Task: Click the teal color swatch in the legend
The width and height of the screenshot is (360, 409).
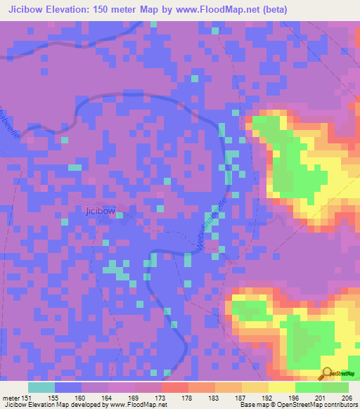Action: coord(41,387)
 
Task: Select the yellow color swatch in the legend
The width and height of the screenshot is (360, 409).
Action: coord(281,387)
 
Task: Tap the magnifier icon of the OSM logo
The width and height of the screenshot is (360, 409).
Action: coord(327,373)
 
